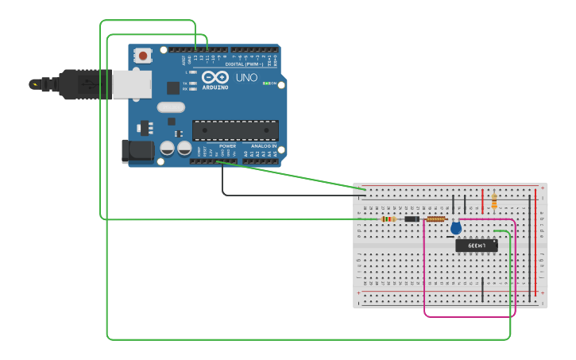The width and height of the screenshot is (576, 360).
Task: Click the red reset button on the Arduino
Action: pyautogui.click(x=143, y=56)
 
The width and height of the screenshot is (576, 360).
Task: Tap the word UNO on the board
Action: pyautogui.click(x=246, y=78)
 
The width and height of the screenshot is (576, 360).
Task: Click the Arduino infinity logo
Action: pyautogui.click(x=215, y=77)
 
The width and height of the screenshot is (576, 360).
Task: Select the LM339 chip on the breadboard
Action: pyautogui.click(x=476, y=246)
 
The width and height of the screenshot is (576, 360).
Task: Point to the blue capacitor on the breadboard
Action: pyautogui.click(x=455, y=228)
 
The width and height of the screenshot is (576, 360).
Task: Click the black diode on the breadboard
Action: pyautogui.click(x=412, y=219)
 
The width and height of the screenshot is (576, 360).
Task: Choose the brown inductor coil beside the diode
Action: pyautogui.click(x=435, y=219)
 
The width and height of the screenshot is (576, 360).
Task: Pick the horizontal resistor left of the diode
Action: pyautogui.click(x=389, y=219)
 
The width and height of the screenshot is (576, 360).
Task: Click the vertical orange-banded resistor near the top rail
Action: pyautogui.click(x=494, y=199)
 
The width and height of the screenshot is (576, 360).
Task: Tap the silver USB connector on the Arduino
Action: pyautogui.click(x=131, y=84)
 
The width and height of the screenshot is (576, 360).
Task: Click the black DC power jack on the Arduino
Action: pyautogui.click(x=136, y=151)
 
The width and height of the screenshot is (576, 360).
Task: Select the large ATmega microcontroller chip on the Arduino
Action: pyautogui.click(x=235, y=130)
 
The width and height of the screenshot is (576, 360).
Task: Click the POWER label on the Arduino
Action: pyautogui.click(x=227, y=146)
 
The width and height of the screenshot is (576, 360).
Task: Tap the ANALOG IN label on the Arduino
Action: pyautogui.click(x=264, y=146)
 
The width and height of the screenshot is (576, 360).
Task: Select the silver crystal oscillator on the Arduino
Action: pyautogui.click(x=171, y=107)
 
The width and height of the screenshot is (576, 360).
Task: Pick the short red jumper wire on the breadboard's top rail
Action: pyautogui.click(x=482, y=202)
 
